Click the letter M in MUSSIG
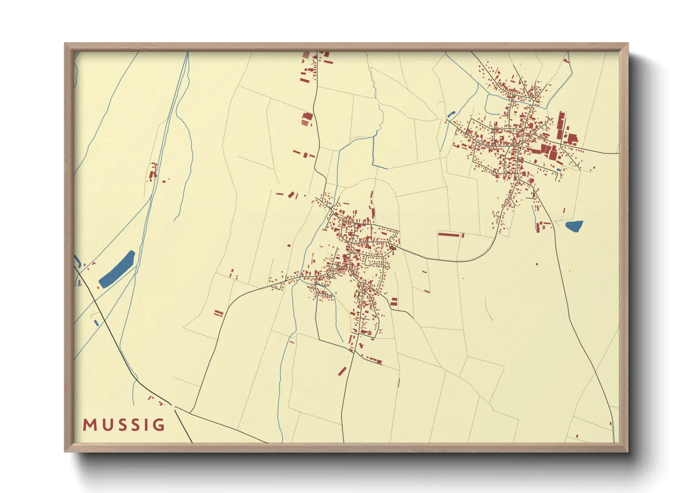pos(90,425)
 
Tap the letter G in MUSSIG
pos(158,425)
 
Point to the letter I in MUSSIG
pos(146,425)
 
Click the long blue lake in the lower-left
pos(117,270)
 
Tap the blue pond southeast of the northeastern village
pos(574,226)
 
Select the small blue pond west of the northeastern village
pos(451,113)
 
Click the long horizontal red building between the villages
pos(449,234)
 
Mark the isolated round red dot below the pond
pos(537,264)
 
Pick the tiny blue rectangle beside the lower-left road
pos(96,322)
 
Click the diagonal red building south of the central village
pos(342,371)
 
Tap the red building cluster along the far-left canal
pos(152,173)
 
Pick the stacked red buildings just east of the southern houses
pos(394,301)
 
